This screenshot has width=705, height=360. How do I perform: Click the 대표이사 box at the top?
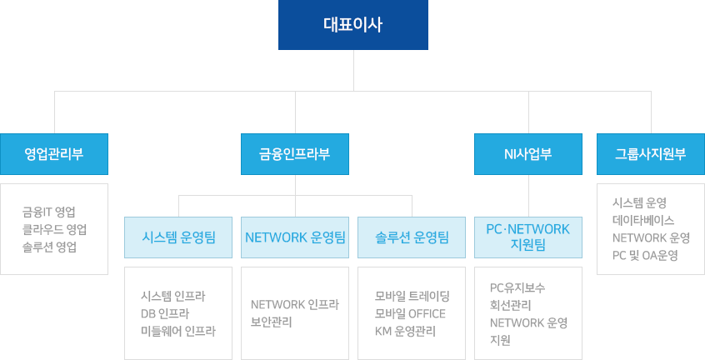[352, 25]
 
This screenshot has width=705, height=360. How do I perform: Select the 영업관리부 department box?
[53, 154]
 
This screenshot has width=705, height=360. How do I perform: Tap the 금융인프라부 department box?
[295, 154]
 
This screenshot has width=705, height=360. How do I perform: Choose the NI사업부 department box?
[527, 154]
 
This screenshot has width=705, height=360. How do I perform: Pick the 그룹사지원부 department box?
[650, 154]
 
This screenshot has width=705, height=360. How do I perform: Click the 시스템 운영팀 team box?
[178, 237]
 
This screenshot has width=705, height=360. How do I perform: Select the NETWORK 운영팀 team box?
[295, 237]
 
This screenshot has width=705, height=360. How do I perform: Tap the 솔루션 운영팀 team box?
[412, 237]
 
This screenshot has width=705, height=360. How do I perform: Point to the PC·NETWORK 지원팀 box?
[527, 237]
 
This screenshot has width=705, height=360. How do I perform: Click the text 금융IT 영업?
[54, 212]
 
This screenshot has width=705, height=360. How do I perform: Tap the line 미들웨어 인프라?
[179, 331]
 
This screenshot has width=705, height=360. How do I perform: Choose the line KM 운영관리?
[407, 331]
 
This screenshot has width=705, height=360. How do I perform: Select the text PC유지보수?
[517, 287]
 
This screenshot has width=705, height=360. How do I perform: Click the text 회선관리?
[512, 305]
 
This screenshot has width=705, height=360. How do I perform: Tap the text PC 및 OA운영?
[645, 255]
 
